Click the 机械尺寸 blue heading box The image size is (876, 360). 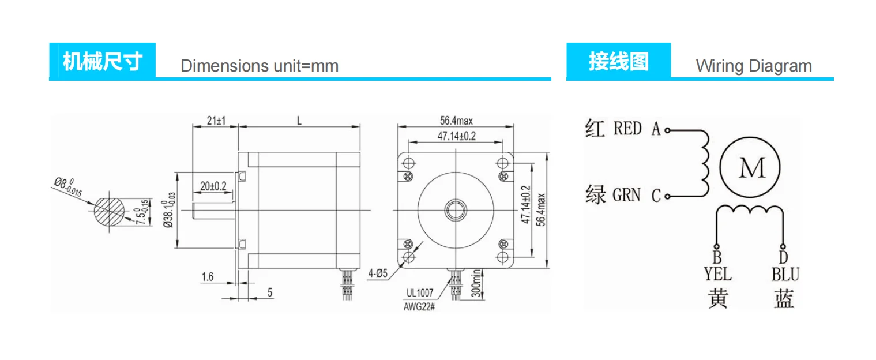(102, 61)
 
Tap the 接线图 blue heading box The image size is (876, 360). (618, 61)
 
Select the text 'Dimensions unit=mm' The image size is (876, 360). (260, 66)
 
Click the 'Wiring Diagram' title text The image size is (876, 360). (754, 66)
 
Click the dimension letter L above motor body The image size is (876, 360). (299, 121)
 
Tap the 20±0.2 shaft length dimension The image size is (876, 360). (213, 186)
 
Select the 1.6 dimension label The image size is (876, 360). (208, 277)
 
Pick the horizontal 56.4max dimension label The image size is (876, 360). (456, 121)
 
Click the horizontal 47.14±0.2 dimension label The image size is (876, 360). (456, 136)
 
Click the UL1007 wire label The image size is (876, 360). (419, 293)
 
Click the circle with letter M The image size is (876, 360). (752, 168)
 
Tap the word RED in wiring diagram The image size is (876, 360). (627, 128)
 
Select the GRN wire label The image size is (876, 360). (626, 195)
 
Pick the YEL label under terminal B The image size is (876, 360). (717, 273)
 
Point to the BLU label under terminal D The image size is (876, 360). (785, 273)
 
